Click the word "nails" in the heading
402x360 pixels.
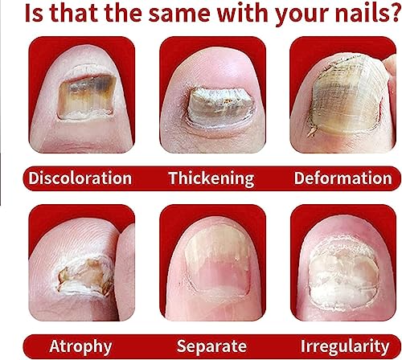(351, 15)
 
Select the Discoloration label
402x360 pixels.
(79, 178)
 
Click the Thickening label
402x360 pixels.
(211, 178)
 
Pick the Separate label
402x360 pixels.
(211, 346)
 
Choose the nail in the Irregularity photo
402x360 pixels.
(346, 273)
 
